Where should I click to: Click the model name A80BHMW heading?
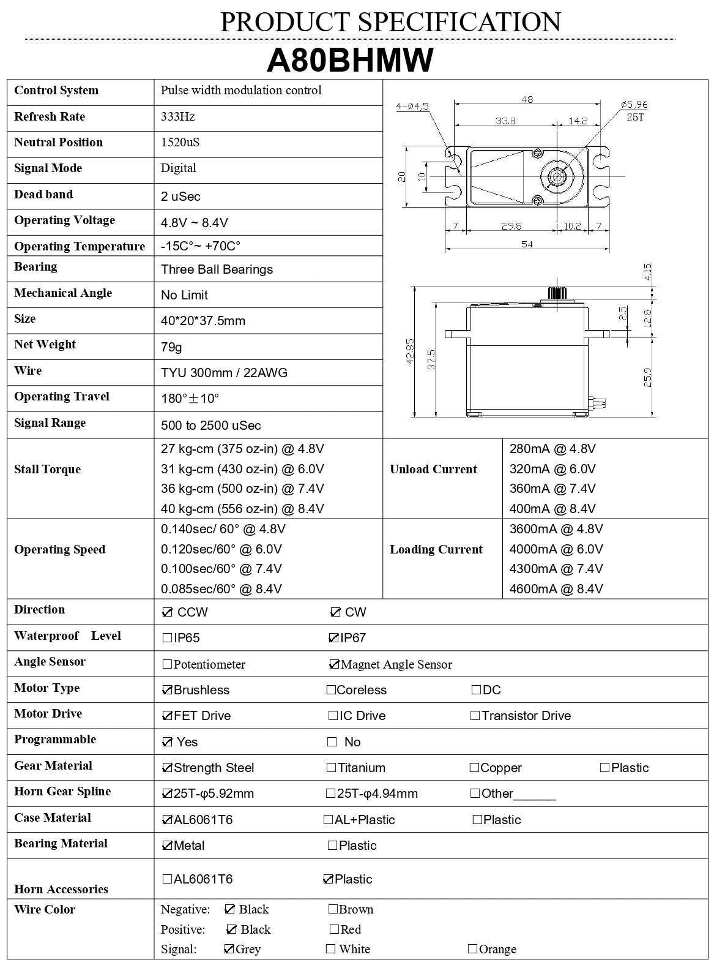click(x=350, y=60)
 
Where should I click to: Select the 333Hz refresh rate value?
click(x=178, y=116)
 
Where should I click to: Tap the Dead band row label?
click(x=43, y=194)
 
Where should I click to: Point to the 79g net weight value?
click(x=171, y=347)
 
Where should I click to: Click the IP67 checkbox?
click(x=333, y=638)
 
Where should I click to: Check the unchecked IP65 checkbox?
click(x=167, y=638)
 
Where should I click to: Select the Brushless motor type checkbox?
click(x=167, y=690)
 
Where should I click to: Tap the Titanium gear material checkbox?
click(x=332, y=768)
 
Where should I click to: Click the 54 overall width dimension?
click(x=526, y=244)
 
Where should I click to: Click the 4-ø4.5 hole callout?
click(x=412, y=106)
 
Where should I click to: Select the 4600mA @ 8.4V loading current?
click(x=556, y=589)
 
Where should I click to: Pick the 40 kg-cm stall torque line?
click(x=242, y=509)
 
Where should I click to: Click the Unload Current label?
click(x=433, y=469)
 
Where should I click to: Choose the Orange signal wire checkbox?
click(x=472, y=949)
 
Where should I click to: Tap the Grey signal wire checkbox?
click(x=229, y=949)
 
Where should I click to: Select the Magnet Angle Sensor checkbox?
click(x=334, y=664)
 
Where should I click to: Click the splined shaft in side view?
click(x=557, y=292)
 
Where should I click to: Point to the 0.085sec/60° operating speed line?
click(x=221, y=589)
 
